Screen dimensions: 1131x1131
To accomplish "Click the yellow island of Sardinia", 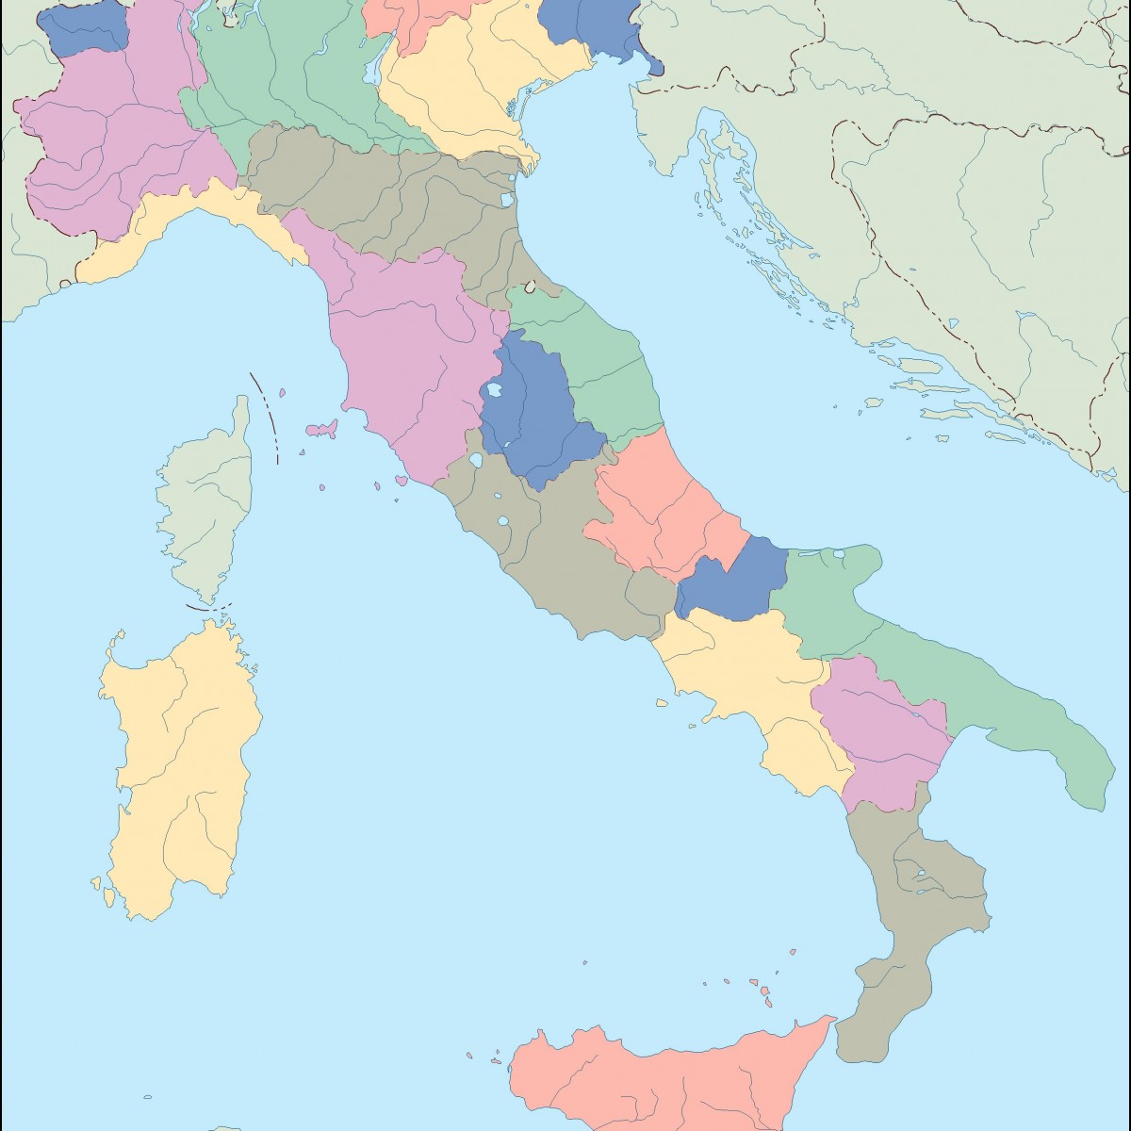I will click(179, 754).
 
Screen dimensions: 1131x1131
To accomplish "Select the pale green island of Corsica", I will click(207, 500).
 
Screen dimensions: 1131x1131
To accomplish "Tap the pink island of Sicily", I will click(660, 1074).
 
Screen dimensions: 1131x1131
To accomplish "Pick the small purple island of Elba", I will click(321, 430).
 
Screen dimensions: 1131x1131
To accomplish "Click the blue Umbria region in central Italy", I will click(533, 415).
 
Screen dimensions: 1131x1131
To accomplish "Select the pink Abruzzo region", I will click(660, 509).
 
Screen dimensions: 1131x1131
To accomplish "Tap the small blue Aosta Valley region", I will click(85, 28).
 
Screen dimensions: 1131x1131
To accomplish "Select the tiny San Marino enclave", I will click(531, 286).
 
